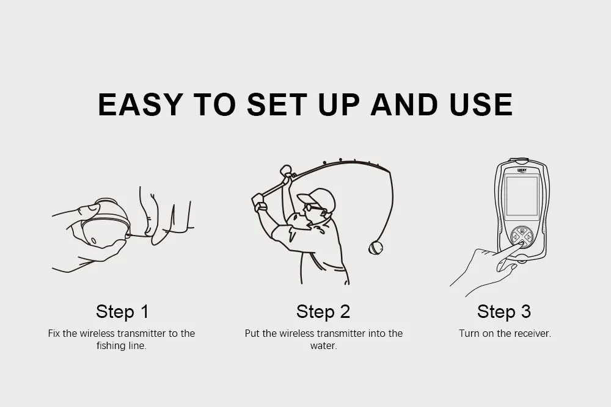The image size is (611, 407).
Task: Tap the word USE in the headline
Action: click(x=481, y=104)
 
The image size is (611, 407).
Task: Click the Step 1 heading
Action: click(x=122, y=311)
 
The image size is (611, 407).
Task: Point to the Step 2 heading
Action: click(x=323, y=311)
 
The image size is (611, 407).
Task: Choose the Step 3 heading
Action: click(x=504, y=311)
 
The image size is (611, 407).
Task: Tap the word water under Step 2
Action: click(x=323, y=346)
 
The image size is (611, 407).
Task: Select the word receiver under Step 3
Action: click(x=532, y=333)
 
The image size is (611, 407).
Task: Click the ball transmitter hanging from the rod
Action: click(x=376, y=248)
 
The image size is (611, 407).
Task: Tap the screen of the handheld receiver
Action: click(x=521, y=196)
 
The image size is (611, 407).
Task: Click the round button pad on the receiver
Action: click(x=521, y=237)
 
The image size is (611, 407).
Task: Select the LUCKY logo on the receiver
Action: click(x=522, y=170)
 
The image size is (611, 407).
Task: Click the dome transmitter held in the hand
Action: click(x=105, y=224)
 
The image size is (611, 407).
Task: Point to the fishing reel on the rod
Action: click(x=287, y=172)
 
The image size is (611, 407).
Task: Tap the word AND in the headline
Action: click(x=404, y=104)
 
